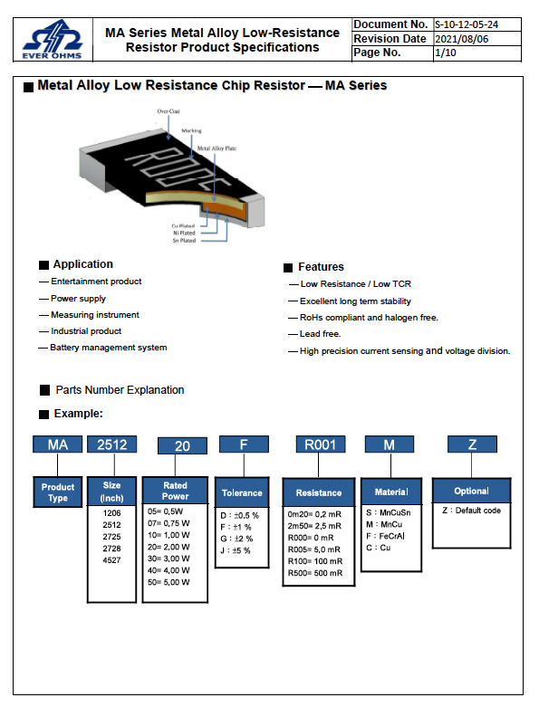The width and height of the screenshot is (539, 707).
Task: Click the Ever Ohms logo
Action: click(53, 40)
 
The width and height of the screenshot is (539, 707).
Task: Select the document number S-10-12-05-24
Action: click(467, 24)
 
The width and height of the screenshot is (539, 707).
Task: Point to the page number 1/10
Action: click(445, 53)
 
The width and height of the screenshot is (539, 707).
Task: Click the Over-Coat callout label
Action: click(168, 111)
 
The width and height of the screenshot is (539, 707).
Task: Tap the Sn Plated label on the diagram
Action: click(184, 241)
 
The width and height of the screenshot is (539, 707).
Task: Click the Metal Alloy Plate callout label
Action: click(217, 148)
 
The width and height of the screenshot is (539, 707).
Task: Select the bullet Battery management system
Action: click(108, 348)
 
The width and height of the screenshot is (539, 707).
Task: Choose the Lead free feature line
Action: click(321, 334)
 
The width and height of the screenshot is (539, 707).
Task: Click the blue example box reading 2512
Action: click(111, 444)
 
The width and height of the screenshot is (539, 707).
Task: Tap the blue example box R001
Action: click(321, 444)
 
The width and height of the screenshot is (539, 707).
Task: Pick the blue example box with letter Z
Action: click(472, 444)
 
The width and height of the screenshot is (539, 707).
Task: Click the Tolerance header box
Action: click(242, 492)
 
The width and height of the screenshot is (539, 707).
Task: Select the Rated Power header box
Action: click(175, 491)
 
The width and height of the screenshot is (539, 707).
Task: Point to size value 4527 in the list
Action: click(111, 560)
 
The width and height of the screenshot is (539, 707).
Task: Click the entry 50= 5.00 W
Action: click(168, 582)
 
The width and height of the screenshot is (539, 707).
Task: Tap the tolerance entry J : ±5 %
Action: click(235, 550)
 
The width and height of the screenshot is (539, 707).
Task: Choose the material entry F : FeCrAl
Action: click(385, 536)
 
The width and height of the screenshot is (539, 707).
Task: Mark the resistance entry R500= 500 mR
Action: click(315, 573)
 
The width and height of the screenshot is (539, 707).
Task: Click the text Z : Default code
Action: click(471, 511)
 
